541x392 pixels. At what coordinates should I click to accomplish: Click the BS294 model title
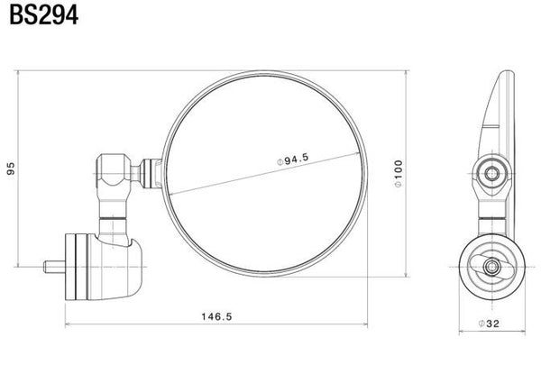[x=44, y=14]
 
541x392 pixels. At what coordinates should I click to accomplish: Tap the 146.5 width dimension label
[x=217, y=316]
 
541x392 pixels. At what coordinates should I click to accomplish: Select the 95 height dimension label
[x=11, y=169]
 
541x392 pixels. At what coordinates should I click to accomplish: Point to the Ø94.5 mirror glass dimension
[x=293, y=160]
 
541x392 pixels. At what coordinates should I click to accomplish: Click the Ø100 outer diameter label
[x=399, y=173]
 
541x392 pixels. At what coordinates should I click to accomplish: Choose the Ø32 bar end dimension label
[x=489, y=324]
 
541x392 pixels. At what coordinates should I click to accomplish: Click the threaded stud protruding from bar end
[x=54, y=267]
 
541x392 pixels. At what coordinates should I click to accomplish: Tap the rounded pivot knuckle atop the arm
[x=113, y=169]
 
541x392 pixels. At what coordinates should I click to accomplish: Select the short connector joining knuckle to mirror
[x=150, y=173]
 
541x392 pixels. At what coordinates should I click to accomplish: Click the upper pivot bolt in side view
[x=491, y=173]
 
